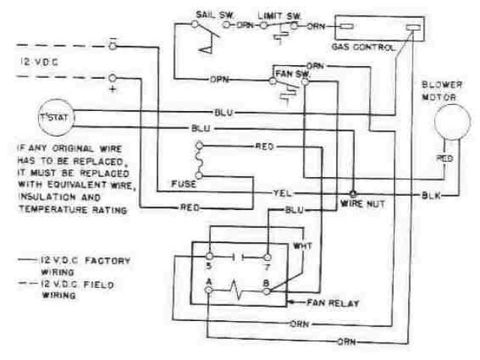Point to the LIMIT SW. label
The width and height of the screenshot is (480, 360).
coord(276,14)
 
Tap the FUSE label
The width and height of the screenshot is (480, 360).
coord(184,183)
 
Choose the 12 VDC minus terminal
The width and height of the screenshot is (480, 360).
coord(112,46)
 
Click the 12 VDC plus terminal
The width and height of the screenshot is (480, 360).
coord(112,77)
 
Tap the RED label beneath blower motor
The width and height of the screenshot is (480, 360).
coord(444,159)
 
